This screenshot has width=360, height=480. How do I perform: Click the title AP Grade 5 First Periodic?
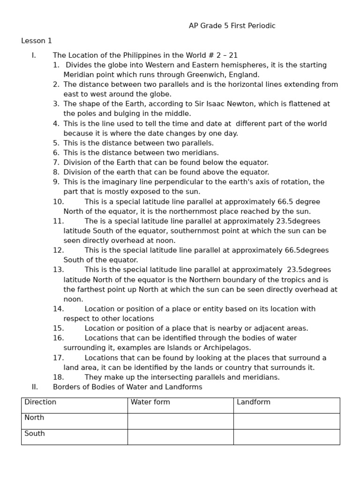pyautogui.click(x=232, y=26)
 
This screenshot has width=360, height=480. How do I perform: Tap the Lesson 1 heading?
pyautogui.click(x=37, y=41)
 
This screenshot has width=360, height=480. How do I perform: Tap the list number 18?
pyautogui.click(x=58, y=377)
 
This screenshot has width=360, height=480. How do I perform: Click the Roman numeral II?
pyautogui.click(x=34, y=387)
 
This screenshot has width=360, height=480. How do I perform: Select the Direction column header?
pyautogui.click(x=40, y=402)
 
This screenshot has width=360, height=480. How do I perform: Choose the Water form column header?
pyautogui.click(x=150, y=402)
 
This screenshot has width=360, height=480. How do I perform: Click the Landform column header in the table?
pyautogui.click(x=254, y=402)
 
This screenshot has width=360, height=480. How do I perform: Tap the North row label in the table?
pyautogui.click(x=34, y=418)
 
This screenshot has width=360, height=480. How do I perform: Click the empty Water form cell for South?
pyautogui.click(x=180, y=437)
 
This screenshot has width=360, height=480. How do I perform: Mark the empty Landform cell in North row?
pyautogui.click(x=286, y=421)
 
